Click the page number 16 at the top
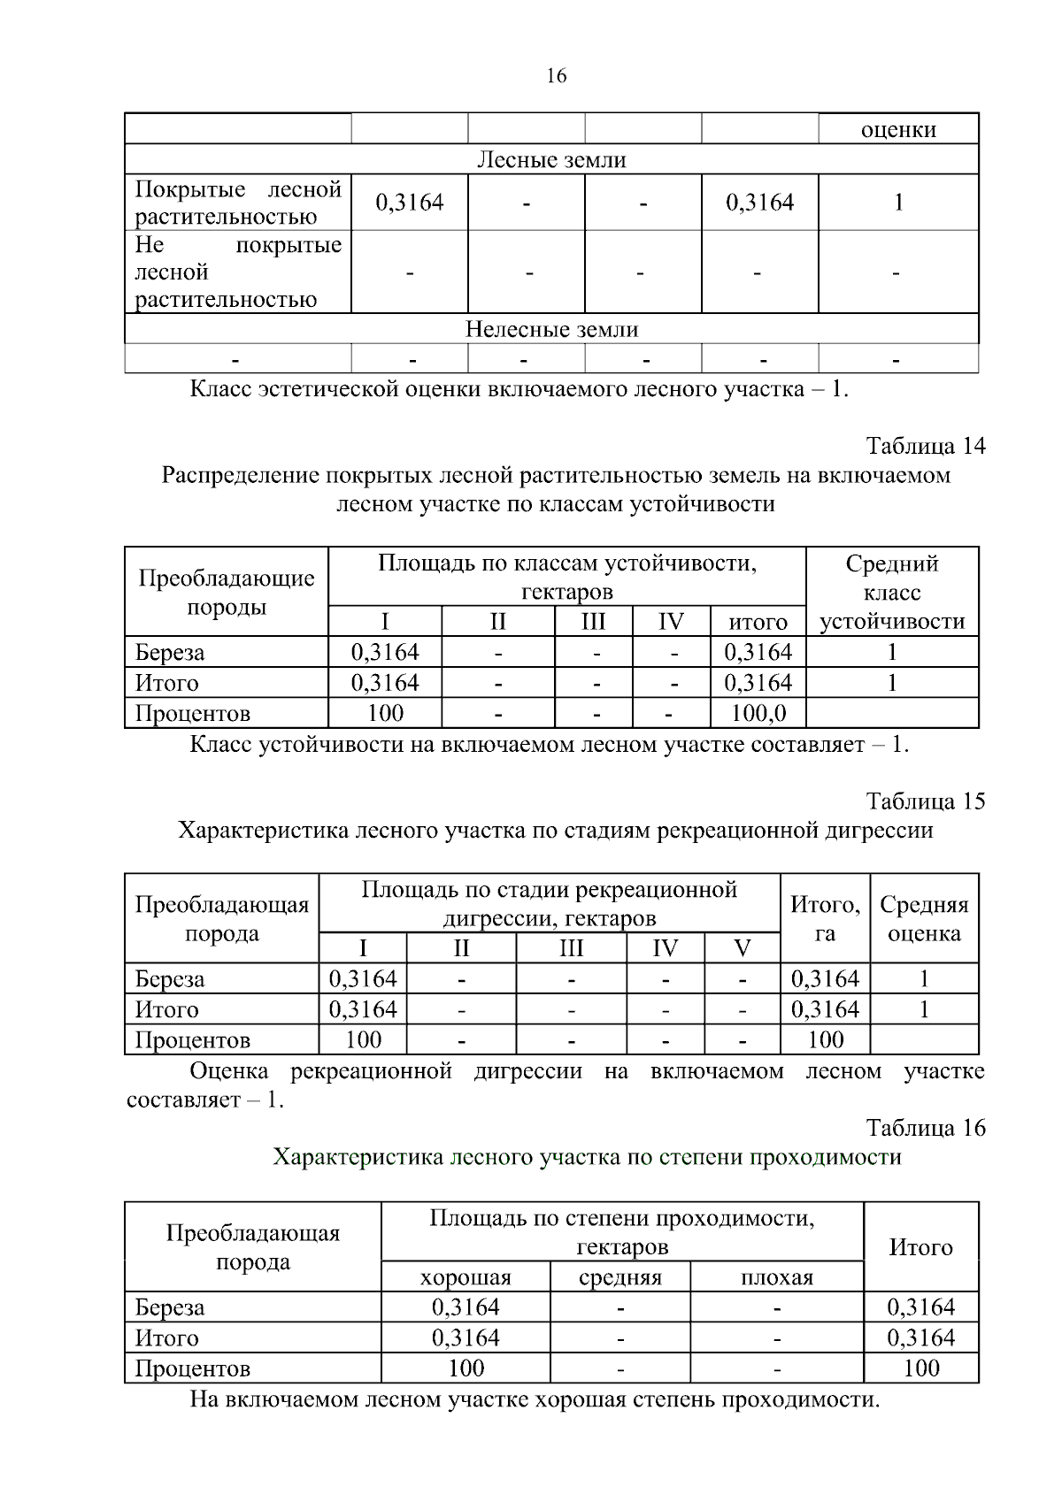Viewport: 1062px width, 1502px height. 556,76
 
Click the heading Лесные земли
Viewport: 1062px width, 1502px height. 551,160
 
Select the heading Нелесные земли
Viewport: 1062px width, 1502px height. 551,330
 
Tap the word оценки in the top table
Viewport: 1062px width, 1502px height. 898,130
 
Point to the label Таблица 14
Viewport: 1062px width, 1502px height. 925,445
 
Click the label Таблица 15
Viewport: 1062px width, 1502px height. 925,801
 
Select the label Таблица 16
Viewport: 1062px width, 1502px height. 925,1128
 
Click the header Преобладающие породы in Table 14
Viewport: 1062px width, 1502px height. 227,592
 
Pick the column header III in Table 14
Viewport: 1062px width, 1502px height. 593,622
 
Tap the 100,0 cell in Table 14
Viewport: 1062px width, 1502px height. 758,713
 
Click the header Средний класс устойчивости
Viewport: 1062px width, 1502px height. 892,592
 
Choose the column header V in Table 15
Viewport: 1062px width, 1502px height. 743,949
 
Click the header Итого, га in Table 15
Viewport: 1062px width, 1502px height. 825,918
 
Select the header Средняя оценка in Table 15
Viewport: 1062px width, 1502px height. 924,918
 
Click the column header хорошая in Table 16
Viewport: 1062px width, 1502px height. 466,1277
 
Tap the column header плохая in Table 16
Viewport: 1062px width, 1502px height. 776,1277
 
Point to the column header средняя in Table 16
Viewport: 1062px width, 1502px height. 620,1277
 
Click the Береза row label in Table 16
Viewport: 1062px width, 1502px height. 170,1307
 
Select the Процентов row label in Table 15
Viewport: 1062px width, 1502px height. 192,1040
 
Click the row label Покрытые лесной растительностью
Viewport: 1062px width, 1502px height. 237,203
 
